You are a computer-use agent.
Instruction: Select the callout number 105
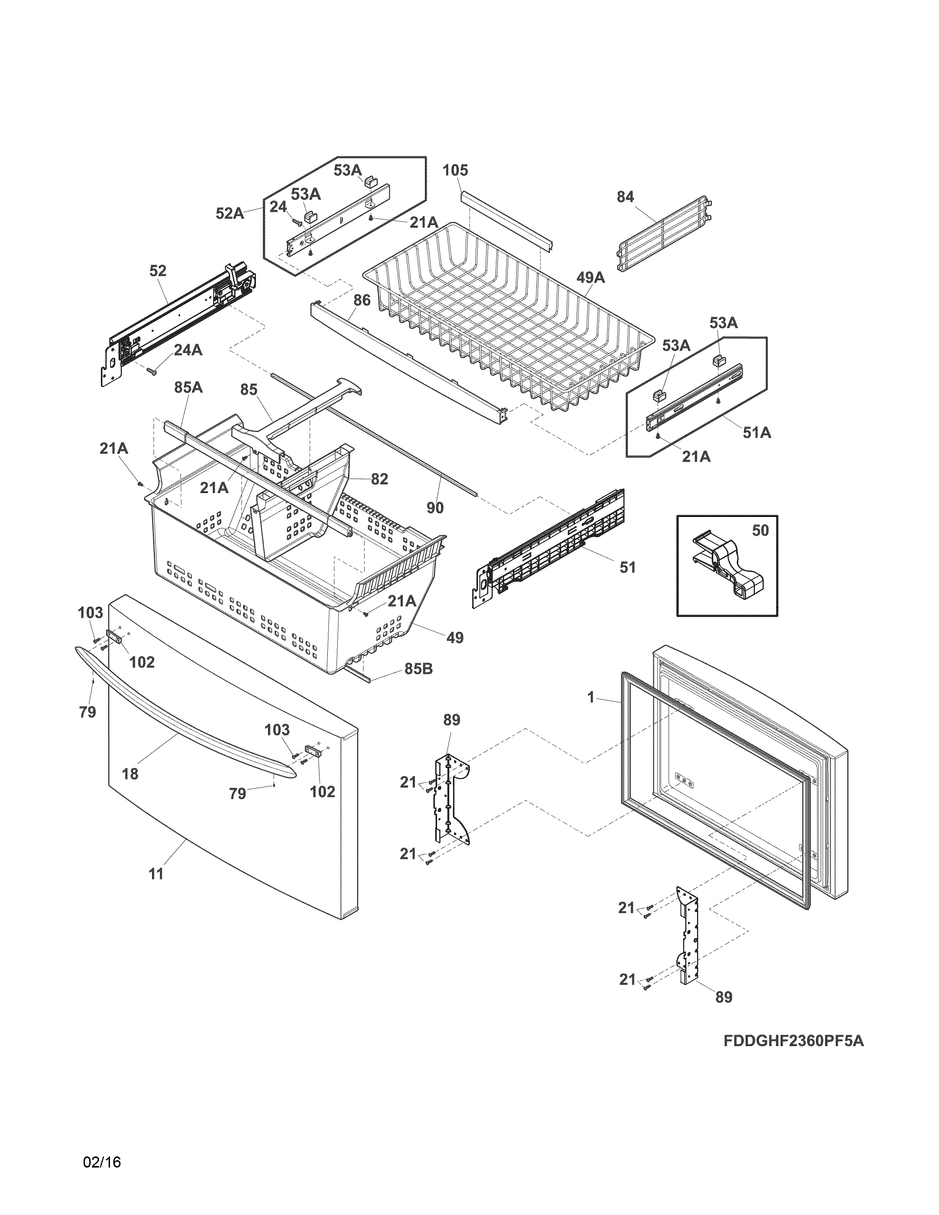pyautogui.click(x=455, y=170)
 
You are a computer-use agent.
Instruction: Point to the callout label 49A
pyautogui.click(x=590, y=277)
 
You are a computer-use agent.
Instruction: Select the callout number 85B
pyautogui.click(x=418, y=669)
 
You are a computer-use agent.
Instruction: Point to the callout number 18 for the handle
pyautogui.click(x=130, y=773)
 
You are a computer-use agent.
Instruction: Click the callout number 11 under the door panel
pyautogui.click(x=156, y=874)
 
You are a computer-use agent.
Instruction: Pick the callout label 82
pyautogui.click(x=379, y=479)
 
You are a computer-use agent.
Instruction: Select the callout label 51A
pyautogui.click(x=757, y=432)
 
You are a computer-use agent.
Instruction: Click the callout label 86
pyautogui.click(x=362, y=300)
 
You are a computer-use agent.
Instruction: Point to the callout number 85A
pyautogui.click(x=188, y=387)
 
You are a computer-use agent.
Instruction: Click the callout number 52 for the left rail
pyautogui.click(x=158, y=271)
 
